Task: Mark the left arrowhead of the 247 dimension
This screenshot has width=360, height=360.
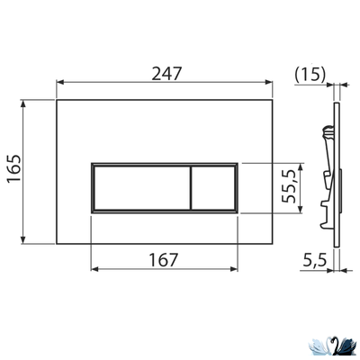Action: tap(60, 84)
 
